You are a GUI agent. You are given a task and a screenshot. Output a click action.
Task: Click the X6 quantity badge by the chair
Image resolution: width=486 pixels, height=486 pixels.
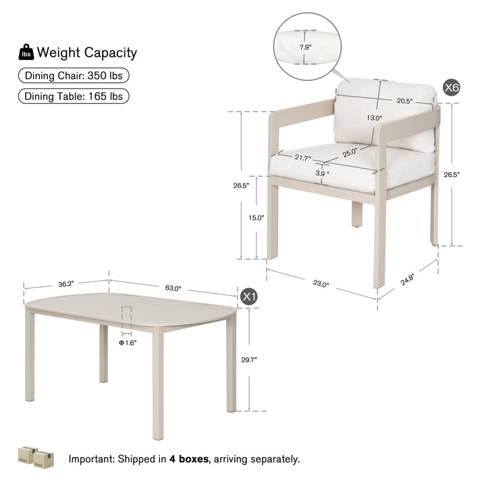pos(452,88)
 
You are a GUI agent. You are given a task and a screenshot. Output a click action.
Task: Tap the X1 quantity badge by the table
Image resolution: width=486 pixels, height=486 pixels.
pos(249,297)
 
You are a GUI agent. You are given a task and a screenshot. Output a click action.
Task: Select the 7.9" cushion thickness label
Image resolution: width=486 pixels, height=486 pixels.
pos(305,47)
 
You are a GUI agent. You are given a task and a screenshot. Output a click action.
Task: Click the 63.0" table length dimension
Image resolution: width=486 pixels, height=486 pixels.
pos(173,288)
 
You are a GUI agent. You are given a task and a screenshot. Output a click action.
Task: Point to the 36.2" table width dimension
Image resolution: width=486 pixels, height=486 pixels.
pos(66,284)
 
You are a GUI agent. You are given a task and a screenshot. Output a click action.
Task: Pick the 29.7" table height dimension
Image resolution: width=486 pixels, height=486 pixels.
pos(249,360)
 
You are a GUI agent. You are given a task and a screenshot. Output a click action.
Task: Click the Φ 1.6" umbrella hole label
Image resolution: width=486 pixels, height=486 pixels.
pos(128,342)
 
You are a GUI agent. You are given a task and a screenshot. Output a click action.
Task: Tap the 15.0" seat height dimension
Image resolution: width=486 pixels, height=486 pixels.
pos(256,217)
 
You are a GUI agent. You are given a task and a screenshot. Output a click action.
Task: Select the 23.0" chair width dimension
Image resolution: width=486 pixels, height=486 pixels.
pos(321,283)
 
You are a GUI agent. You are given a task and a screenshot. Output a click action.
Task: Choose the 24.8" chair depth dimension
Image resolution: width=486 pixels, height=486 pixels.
pos(407,279)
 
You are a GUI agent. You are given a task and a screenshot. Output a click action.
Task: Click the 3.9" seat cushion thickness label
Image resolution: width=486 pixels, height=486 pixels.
pos(323,173)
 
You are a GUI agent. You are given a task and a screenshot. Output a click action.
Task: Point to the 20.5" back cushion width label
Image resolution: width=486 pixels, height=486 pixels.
pos(405,101)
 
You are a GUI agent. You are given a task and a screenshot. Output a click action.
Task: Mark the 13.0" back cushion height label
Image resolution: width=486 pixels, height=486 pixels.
pos(375,117)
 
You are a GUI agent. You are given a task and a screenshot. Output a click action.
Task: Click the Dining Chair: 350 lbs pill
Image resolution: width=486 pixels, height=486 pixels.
pos(74,76)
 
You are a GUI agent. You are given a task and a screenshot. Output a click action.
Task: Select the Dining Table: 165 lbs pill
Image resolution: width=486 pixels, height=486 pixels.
pos(74,97)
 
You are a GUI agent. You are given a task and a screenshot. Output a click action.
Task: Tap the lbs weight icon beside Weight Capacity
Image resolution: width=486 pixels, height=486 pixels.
pos(26,52)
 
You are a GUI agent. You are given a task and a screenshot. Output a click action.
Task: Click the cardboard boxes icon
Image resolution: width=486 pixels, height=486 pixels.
pos(36,457)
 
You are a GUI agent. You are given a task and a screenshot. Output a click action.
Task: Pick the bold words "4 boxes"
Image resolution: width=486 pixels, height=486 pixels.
pos(189,459)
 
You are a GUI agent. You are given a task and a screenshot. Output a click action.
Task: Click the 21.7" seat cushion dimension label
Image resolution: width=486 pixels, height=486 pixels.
pos(302,158)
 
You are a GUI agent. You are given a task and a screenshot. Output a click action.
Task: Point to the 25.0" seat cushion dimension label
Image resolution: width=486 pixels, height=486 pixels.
pos(350,153)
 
